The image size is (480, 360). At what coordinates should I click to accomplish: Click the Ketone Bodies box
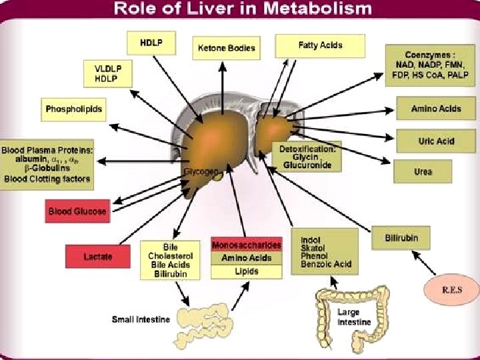click(225, 48)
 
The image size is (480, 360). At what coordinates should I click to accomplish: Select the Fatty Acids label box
click(320, 45)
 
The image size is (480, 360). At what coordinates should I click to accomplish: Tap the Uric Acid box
click(436, 141)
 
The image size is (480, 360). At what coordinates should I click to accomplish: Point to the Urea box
click(423, 171)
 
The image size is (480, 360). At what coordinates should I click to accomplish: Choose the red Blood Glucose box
click(77, 211)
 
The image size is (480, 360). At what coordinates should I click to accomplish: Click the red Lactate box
click(97, 257)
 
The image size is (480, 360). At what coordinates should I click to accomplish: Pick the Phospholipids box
click(74, 109)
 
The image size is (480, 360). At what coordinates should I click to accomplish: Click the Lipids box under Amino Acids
click(246, 271)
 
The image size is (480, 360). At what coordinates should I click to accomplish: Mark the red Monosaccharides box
click(246, 245)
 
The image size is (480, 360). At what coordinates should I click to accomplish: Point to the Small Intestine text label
click(140, 319)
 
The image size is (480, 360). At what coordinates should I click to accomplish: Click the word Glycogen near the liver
click(201, 171)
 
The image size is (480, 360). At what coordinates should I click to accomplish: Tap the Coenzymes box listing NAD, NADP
click(432, 64)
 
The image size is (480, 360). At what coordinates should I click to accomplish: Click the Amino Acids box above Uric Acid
click(436, 109)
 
